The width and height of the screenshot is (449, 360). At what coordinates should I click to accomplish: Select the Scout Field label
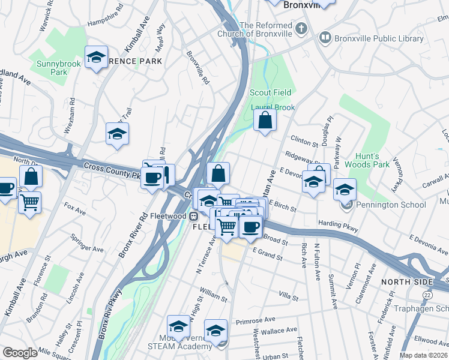(x=270, y=92)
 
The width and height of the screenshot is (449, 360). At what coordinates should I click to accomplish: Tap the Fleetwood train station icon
(x=194, y=216)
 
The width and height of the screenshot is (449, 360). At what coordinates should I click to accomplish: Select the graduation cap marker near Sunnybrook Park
(x=96, y=58)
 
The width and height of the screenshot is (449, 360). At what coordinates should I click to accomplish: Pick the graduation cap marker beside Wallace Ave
(x=216, y=331)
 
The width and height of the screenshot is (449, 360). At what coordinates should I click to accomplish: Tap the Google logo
(x=20, y=353)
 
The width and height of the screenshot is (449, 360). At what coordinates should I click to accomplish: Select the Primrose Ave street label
(x=255, y=320)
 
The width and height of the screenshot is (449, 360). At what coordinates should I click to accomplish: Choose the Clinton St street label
(x=304, y=141)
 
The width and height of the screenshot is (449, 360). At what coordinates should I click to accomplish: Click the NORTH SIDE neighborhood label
(x=406, y=282)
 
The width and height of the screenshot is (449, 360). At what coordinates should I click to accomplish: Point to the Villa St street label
(x=289, y=296)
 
